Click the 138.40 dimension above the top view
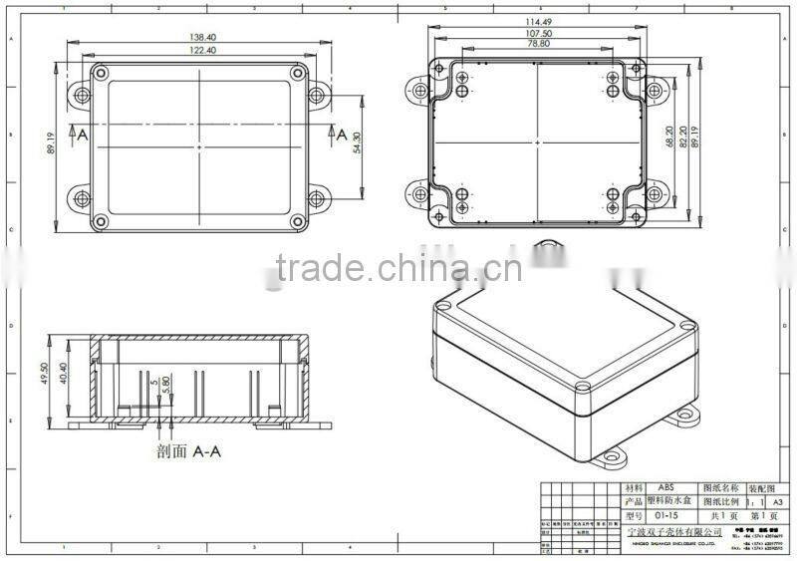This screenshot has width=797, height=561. (x=204, y=38)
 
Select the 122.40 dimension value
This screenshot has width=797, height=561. (x=204, y=50)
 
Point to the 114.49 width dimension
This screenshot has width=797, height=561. (x=537, y=24)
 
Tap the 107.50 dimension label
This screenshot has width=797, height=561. (x=537, y=36)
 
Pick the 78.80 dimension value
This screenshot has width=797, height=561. (x=537, y=47)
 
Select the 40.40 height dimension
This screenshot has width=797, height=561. (x=64, y=375)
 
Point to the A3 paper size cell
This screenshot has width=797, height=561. (x=780, y=502)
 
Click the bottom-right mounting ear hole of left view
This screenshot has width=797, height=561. (x=317, y=196)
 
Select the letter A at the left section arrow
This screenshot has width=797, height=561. (x=83, y=134)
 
